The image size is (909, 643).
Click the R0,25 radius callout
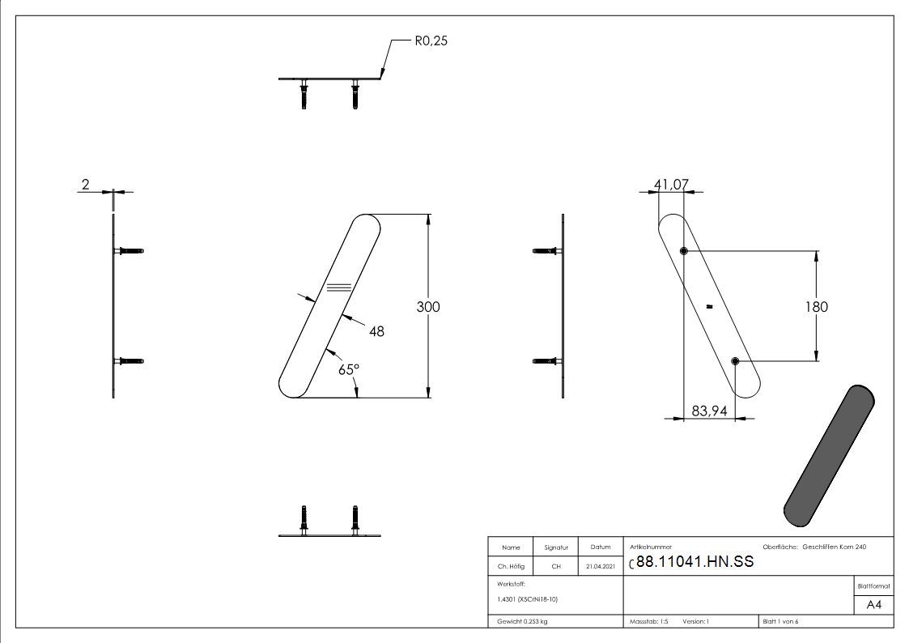(431, 40)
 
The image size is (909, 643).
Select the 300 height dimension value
(428, 307)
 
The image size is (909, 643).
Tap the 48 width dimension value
(376, 331)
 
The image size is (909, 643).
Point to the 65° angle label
(349, 369)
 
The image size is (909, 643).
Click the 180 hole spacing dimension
(816, 307)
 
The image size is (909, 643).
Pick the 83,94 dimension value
(709, 411)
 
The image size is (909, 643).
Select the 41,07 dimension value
(671, 185)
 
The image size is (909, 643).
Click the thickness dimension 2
(85, 185)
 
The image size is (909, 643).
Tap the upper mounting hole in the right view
(683, 251)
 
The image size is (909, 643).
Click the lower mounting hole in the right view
(735, 361)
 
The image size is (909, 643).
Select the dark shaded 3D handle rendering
(829, 456)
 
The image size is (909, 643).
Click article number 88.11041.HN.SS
(694, 561)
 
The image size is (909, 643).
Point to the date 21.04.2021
(600, 566)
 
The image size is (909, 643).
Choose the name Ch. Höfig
(511, 566)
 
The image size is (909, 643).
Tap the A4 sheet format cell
(873, 605)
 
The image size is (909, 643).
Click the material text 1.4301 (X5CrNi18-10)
(527, 599)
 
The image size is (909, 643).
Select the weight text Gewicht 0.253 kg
(522, 622)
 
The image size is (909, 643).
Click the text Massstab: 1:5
(648, 622)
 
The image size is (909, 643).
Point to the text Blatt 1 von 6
(780, 622)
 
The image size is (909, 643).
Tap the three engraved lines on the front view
(339, 287)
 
